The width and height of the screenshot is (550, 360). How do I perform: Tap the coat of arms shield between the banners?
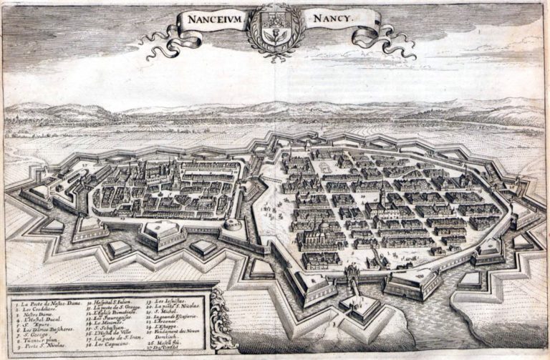point(276,29)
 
